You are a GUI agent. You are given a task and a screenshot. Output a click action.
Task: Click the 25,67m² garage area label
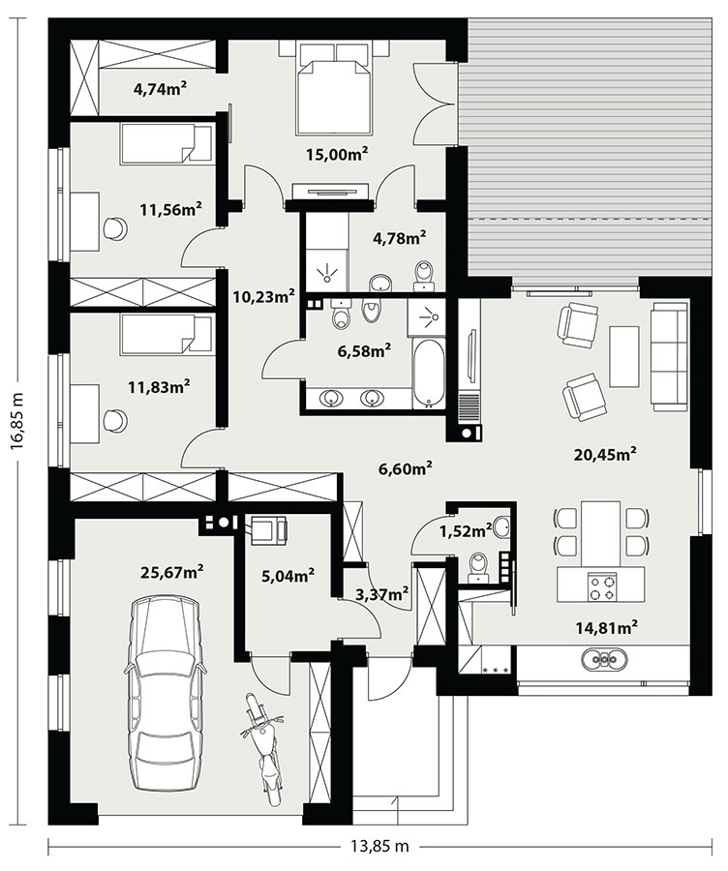coord(171,571)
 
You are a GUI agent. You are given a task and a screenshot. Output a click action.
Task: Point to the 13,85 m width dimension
coord(380,847)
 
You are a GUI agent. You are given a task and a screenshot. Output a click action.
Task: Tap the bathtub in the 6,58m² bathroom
coord(428,374)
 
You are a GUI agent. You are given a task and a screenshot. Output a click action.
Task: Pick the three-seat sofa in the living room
coord(670,356)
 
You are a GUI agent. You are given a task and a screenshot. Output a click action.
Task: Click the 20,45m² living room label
coord(605,455)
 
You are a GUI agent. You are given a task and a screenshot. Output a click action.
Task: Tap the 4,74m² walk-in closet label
coord(160,88)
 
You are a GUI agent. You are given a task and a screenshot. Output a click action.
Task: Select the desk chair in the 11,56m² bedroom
coord(115,227)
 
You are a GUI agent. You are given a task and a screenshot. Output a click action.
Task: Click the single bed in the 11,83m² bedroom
coord(167,334)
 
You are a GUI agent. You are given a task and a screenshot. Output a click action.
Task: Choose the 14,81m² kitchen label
coord(606,628)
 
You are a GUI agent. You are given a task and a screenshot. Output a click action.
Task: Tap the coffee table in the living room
coord(624,356)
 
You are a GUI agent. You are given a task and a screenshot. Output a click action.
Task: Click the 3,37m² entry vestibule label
coord(381,593)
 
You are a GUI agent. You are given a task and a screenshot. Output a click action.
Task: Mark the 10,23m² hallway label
coord(263,296)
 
